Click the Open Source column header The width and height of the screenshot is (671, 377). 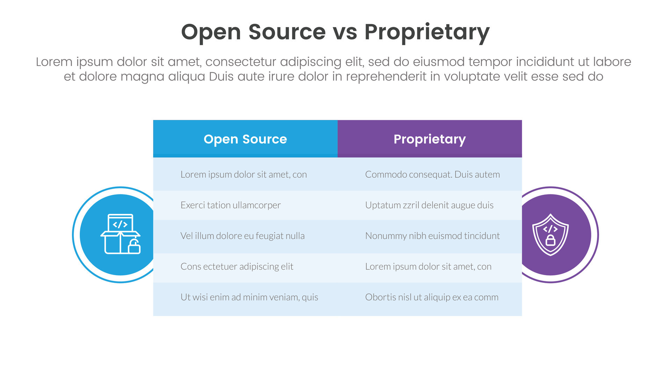[245, 139]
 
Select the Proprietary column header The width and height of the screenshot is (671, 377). [430, 139]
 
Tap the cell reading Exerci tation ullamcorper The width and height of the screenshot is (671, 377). [231, 205]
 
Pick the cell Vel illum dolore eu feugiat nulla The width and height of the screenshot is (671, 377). [243, 236]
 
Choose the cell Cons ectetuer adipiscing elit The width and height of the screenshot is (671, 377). [237, 266]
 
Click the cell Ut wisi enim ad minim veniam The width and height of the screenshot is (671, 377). [249, 297]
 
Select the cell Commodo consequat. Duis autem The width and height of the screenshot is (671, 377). [432, 174]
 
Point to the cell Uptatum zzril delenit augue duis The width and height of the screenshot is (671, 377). [429, 205]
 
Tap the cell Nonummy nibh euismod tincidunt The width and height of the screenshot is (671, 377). [432, 236]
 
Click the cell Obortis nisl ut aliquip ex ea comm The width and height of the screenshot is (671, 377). [432, 297]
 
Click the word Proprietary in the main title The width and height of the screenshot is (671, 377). [427, 32]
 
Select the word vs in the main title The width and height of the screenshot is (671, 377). [345, 32]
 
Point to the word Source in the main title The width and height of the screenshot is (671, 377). [287, 32]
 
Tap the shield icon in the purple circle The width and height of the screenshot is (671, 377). [550, 235]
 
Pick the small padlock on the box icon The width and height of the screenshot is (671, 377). [135, 247]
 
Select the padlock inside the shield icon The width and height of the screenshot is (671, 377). [550, 240]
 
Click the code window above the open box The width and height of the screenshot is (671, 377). [120, 223]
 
